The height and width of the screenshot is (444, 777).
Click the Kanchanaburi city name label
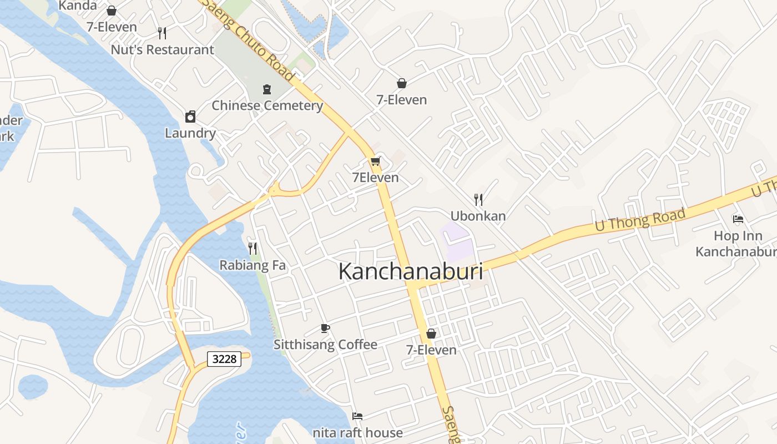tap(410, 272)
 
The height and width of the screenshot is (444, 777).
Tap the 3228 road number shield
tap(225, 359)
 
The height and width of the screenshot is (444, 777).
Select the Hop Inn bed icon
tap(738, 219)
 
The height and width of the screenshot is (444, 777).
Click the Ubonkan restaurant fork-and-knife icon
tap(478, 199)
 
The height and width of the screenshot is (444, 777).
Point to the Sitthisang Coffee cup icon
tap(325, 328)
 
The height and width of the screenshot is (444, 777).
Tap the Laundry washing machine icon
tap(190, 117)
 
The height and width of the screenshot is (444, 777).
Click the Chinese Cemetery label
tap(267, 105)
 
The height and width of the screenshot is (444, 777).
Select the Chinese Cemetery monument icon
tap(267, 89)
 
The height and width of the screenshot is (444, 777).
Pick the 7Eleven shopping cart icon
tap(376, 162)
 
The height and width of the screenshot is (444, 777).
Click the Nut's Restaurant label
tap(162, 50)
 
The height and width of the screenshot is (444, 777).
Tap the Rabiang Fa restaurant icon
tap(253, 248)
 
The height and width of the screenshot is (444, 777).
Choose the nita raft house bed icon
tap(357, 416)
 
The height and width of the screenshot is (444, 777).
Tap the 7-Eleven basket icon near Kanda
tap(112, 11)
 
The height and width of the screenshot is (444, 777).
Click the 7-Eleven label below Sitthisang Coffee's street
tap(431, 350)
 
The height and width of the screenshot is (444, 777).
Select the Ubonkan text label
tap(478, 216)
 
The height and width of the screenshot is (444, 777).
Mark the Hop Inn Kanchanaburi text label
tap(735, 244)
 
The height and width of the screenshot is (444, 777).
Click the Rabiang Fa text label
tap(253, 265)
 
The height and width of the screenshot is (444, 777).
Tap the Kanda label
tap(78, 6)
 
